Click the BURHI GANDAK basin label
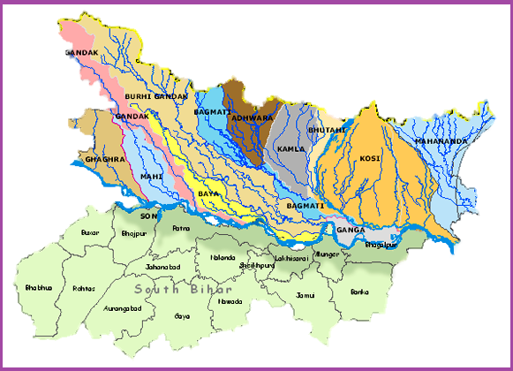151,95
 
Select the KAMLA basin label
290,149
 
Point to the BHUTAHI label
328,130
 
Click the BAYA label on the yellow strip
207,192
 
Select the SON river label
148,216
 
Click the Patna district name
181,228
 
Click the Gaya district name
182,315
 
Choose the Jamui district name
306,294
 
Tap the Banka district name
359,291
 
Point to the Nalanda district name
223,258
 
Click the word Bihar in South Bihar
211,290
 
